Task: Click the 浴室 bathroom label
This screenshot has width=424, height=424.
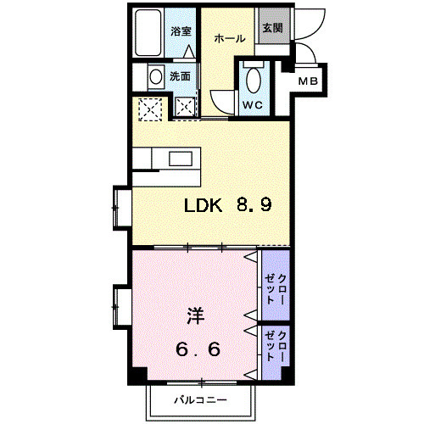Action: click(x=180, y=31)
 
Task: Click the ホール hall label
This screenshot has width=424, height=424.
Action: click(x=229, y=38)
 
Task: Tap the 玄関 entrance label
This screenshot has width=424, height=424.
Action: click(x=272, y=29)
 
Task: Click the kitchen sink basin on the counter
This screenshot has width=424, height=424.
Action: click(x=181, y=159)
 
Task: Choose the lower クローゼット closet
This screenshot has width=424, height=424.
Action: click(x=275, y=349)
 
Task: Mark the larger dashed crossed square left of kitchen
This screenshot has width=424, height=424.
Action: click(x=151, y=108)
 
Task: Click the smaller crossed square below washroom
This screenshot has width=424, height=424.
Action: click(x=185, y=107)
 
